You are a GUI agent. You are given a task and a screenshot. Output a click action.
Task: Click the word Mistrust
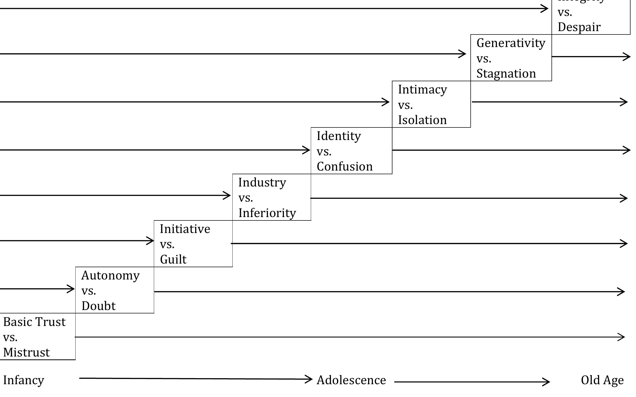pyautogui.click(x=26, y=352)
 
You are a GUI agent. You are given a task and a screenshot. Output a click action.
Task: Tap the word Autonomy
pyautogui.click(x=110, y=276)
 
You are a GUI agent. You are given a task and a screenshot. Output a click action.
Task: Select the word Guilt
pyautogui.click(x=173, y=260)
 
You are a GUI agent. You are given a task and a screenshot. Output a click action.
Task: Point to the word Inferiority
pyautogui.click(x=267, y=213)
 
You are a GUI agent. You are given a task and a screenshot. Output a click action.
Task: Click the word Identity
pyautogui.click(x=339, y=136)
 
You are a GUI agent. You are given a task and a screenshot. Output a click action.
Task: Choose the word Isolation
pyautogui.click(x=422, y=120)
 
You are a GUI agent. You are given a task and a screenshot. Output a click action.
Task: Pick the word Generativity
pyautogui.click(x=511, y=43)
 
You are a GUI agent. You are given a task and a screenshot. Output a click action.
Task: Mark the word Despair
pyautogui.click(x=579, y=27)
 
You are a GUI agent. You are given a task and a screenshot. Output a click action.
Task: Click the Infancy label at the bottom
pyautogui.click(x=24, y=380)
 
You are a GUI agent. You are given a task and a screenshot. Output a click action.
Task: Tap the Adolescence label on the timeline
pyautogui.click(x=351, y=380)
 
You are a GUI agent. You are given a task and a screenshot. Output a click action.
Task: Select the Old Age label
pyautogui.click(x=602, y=380)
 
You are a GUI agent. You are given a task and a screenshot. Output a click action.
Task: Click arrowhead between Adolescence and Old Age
pyautogui.click(x=547, y=382)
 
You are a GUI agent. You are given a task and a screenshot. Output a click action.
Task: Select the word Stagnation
pyautogui.click(x=506, y=73)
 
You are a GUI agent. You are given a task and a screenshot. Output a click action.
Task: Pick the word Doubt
pyautogui.click(x=99, y=306)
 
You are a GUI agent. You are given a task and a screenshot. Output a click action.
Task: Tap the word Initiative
pyautogui.click(x=185, y=229)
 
